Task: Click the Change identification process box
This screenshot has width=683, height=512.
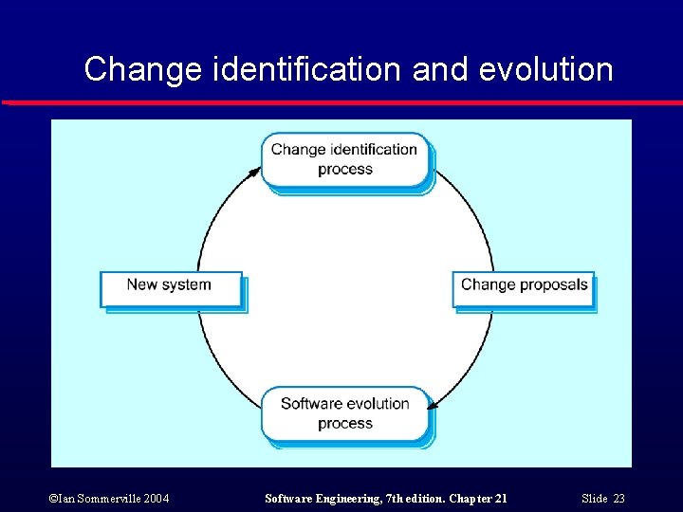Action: click(x=344, y=159)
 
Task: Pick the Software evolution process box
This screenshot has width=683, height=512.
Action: click(x=344, y=413)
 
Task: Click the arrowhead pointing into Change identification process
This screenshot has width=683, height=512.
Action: click(x=256, y=171)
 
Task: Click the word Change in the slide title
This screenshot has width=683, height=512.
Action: click(x=143, y=69)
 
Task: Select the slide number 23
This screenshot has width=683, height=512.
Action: click(x=618, y=499)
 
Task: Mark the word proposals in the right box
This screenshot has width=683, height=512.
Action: click(x=553, y=284)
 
